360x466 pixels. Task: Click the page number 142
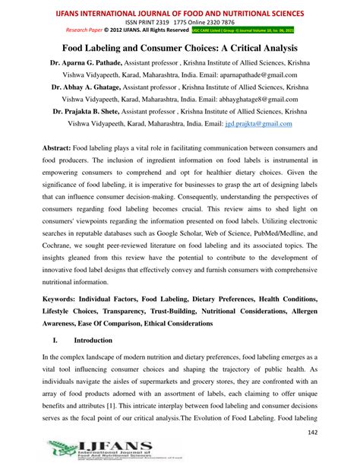[x=331, y=432]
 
